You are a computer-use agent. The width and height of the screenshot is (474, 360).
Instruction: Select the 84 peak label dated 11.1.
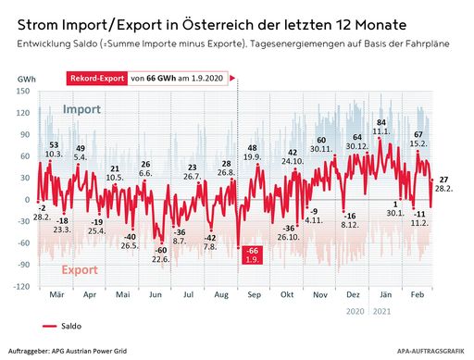(x=381, y=128)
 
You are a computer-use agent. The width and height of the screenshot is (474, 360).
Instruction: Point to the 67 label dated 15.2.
(x=418, y=139)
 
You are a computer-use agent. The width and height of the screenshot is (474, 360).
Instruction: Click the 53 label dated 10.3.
(x=54, y=150)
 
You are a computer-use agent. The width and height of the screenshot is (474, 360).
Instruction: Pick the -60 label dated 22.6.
(x=160, y=254)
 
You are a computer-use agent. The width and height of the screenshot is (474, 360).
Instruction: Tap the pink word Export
(x=81, y=270)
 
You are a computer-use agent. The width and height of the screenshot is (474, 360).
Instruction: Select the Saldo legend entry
(x=67, y=326)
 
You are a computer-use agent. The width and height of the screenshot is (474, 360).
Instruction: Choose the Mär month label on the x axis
(x=55, y=296)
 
